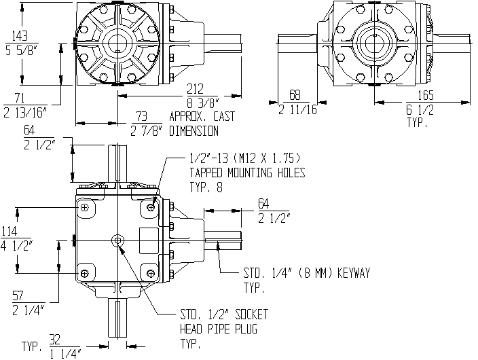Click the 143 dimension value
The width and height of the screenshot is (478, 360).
coord(20,36)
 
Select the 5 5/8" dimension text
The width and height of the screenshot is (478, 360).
coord(21,50)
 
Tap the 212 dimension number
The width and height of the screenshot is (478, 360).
coord(195,89)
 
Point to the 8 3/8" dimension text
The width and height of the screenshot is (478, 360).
coord(203,103)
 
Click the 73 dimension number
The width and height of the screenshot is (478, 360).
coord(141,116)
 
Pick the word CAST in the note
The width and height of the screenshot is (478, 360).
coord(224,116)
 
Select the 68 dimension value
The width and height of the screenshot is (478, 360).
coord(295,95)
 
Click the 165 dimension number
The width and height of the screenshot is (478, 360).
coord(426,95)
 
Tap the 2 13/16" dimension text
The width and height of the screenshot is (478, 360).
coord(26,112)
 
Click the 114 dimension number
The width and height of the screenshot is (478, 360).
coord(9,231)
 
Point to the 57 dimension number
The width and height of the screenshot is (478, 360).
coord(18,295)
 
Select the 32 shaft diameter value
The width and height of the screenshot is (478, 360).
coord(55,340)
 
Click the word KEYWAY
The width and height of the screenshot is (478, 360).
coord(353,273)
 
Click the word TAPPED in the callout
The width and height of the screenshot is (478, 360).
coord(206,173)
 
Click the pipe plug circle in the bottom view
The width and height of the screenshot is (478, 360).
coord(117,240)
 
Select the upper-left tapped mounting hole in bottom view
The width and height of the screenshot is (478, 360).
coord(85,208)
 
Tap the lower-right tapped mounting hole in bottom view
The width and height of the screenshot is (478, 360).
coord(151,273)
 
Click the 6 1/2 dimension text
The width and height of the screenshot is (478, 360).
coord(420,109)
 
